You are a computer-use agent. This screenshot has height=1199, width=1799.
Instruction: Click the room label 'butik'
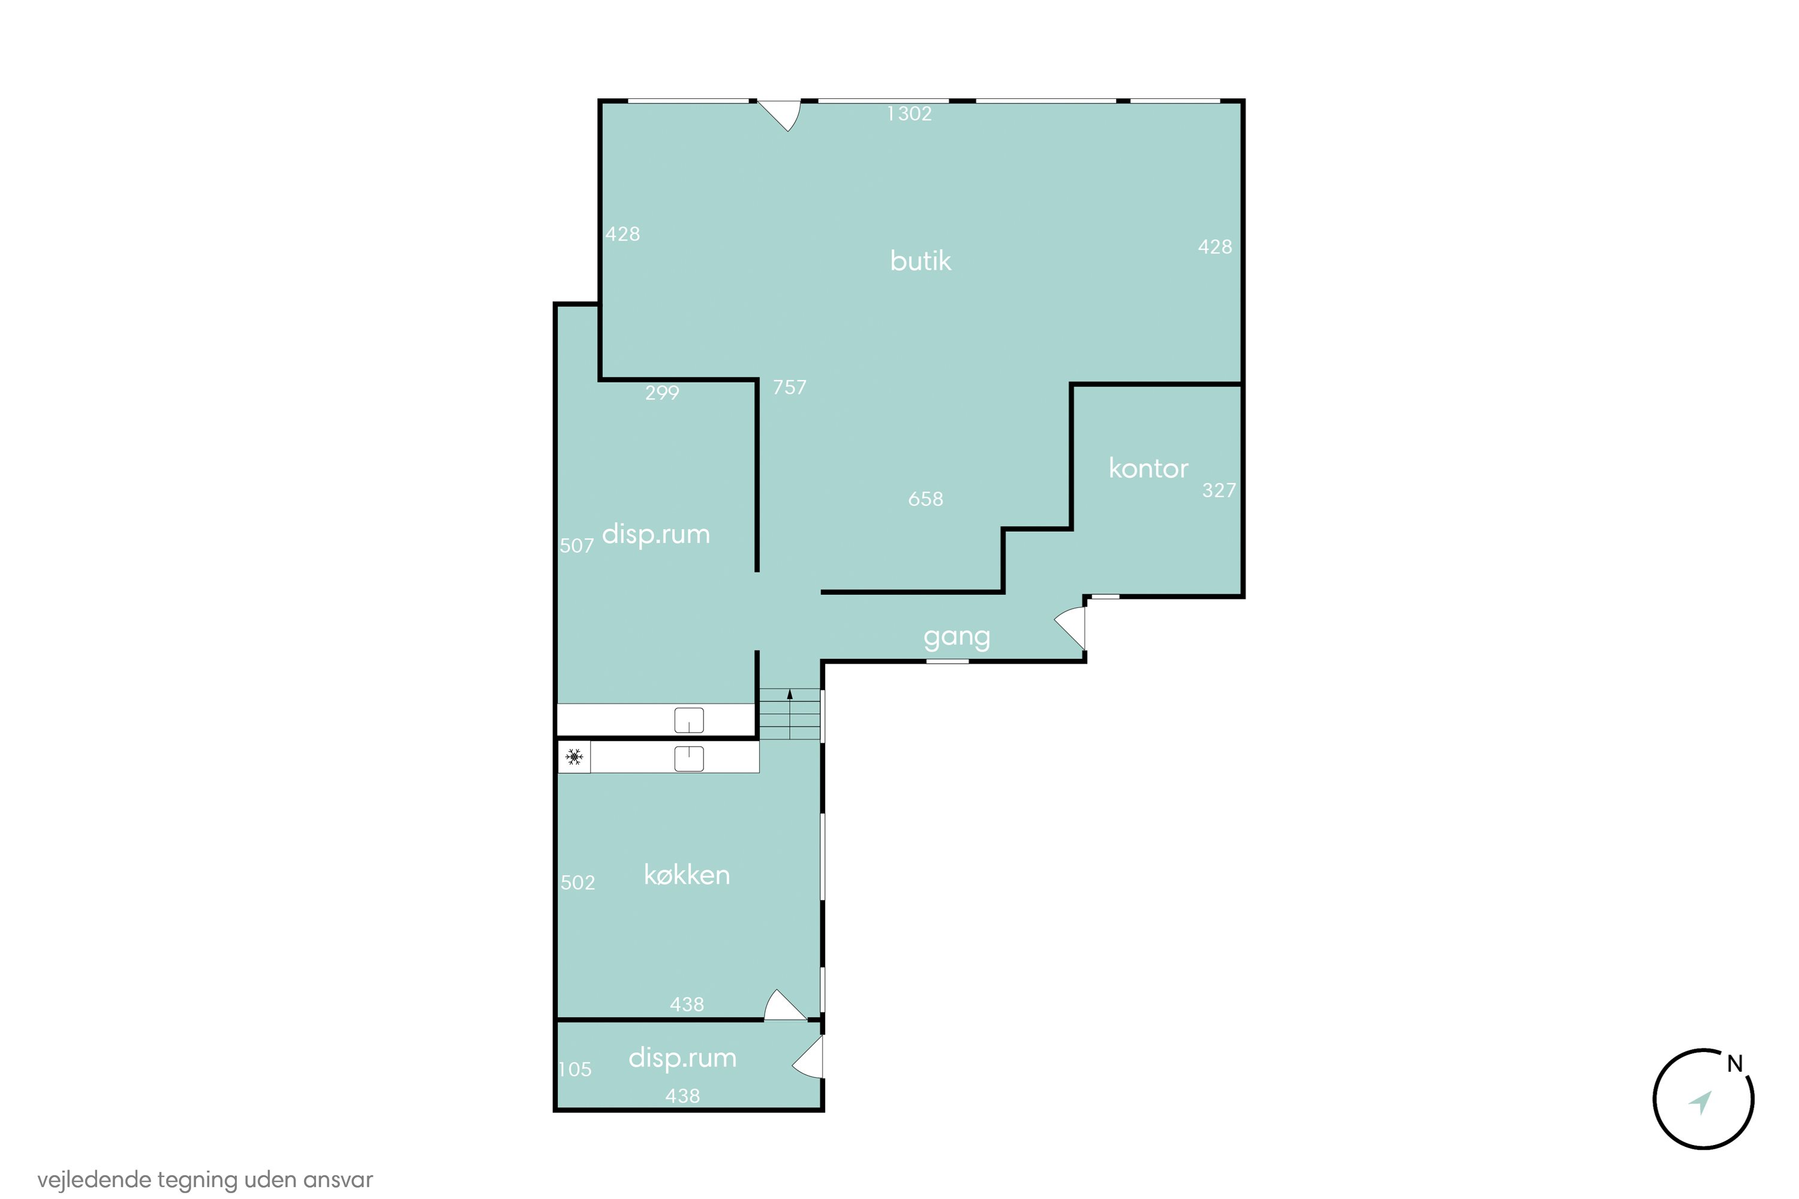920,261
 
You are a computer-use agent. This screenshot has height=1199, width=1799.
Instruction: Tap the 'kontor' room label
1148,468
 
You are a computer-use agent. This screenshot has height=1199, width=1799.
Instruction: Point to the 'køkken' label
687,875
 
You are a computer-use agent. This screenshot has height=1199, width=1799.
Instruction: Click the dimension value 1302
910,114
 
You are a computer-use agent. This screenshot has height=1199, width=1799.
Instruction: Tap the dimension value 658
925,499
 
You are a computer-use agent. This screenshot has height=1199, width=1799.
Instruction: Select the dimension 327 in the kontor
1219,490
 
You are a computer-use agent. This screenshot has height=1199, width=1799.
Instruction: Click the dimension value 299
661,393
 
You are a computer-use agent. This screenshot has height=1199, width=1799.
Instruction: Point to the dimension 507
577,546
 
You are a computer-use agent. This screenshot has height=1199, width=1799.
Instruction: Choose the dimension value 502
577,883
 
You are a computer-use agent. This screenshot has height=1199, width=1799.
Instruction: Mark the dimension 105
575,1070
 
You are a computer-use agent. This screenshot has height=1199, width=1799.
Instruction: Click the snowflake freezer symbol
574,757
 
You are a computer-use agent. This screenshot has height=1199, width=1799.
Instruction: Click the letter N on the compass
1735,1064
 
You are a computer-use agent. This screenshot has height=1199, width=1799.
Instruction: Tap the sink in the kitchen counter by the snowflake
689,758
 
